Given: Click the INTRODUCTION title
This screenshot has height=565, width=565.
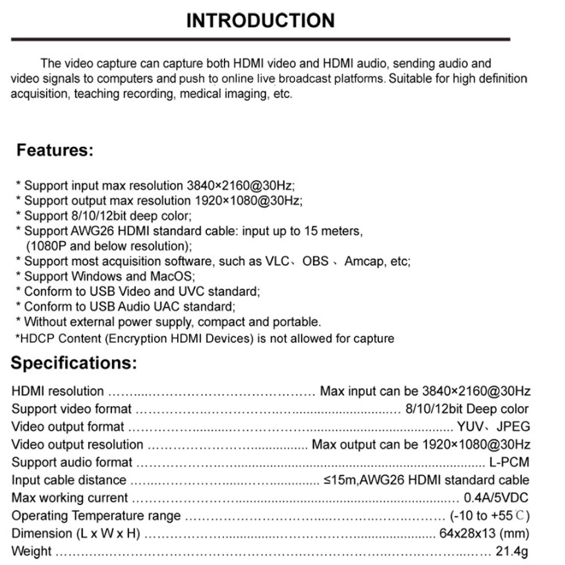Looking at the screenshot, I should coord(260,20).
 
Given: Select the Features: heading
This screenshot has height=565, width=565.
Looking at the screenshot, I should coord(55,150).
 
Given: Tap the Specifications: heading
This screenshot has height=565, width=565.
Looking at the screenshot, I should coord(73,363).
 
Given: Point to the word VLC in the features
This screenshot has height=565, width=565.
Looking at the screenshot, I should coord(277,261).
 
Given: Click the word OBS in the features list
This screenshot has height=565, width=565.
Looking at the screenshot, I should coord(315,261).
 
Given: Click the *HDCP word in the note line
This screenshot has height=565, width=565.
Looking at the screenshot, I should coord(35,338).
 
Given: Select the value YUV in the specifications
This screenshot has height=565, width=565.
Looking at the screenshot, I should coord(470,427).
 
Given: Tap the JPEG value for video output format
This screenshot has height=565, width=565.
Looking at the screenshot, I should coord(513,427).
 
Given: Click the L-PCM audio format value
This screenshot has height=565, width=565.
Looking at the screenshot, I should coord(509,462).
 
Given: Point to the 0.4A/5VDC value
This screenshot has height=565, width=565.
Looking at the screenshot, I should coord(496,498).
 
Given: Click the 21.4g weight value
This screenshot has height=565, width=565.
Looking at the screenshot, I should coord(512,551).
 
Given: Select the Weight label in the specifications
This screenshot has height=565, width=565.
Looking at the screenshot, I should coord(31,551).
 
